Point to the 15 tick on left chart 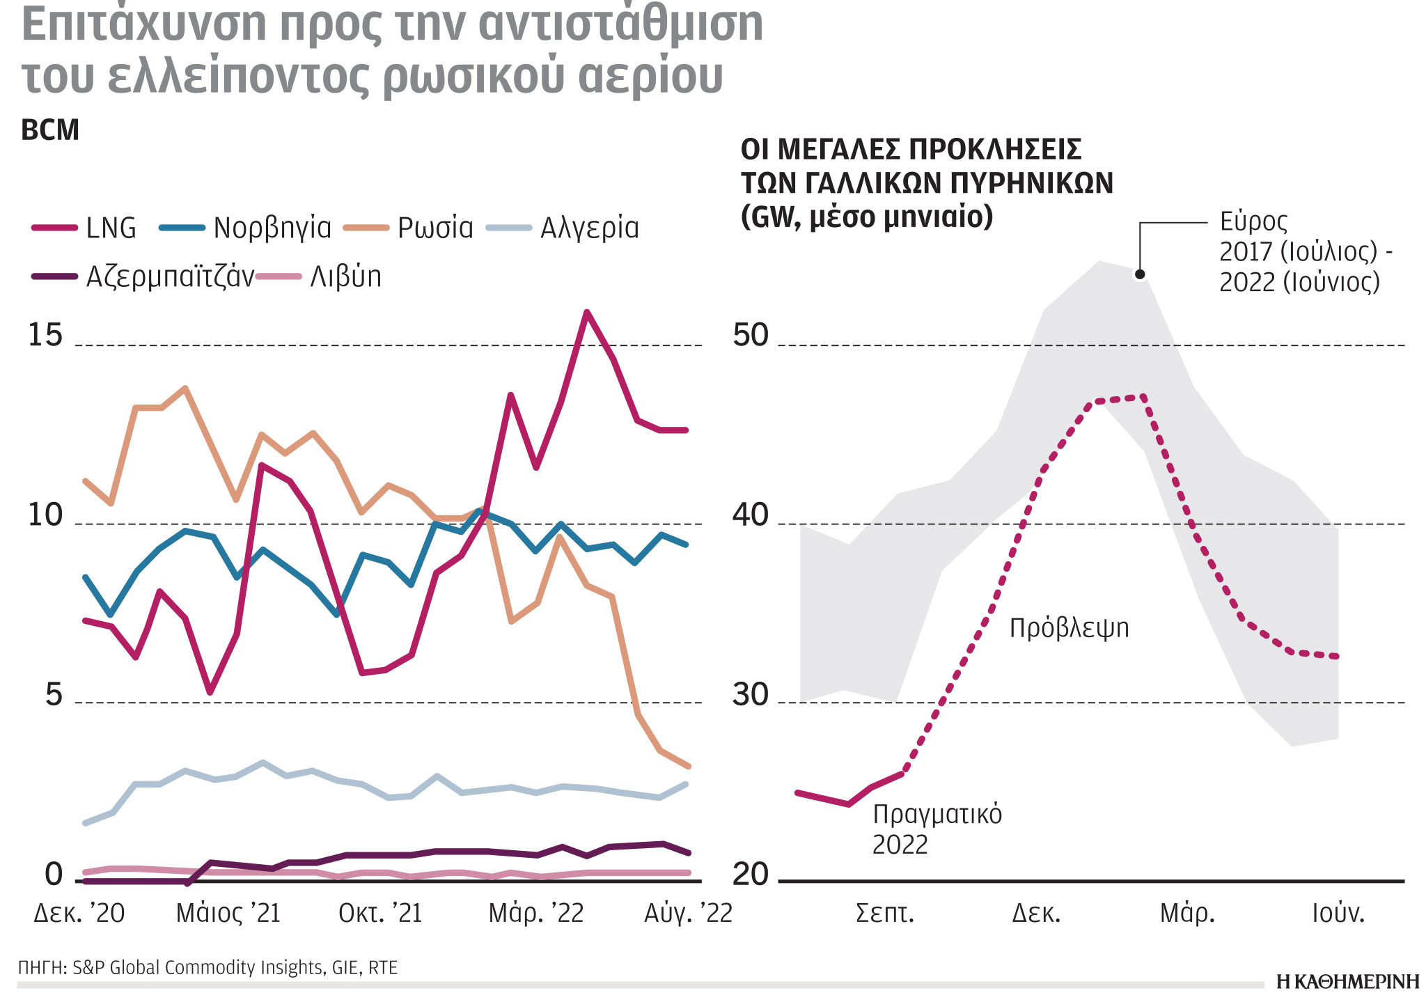45,336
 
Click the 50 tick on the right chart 750,336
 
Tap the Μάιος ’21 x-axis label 228,913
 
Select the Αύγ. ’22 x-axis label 688,913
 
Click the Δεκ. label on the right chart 1036,913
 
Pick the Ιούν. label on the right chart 1338,913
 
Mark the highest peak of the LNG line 587,312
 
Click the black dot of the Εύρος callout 1140,274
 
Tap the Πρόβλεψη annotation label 1069,628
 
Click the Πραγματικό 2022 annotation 937,829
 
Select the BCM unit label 50,130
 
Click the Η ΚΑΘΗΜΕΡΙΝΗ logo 1347,982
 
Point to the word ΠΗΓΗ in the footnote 40,968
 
